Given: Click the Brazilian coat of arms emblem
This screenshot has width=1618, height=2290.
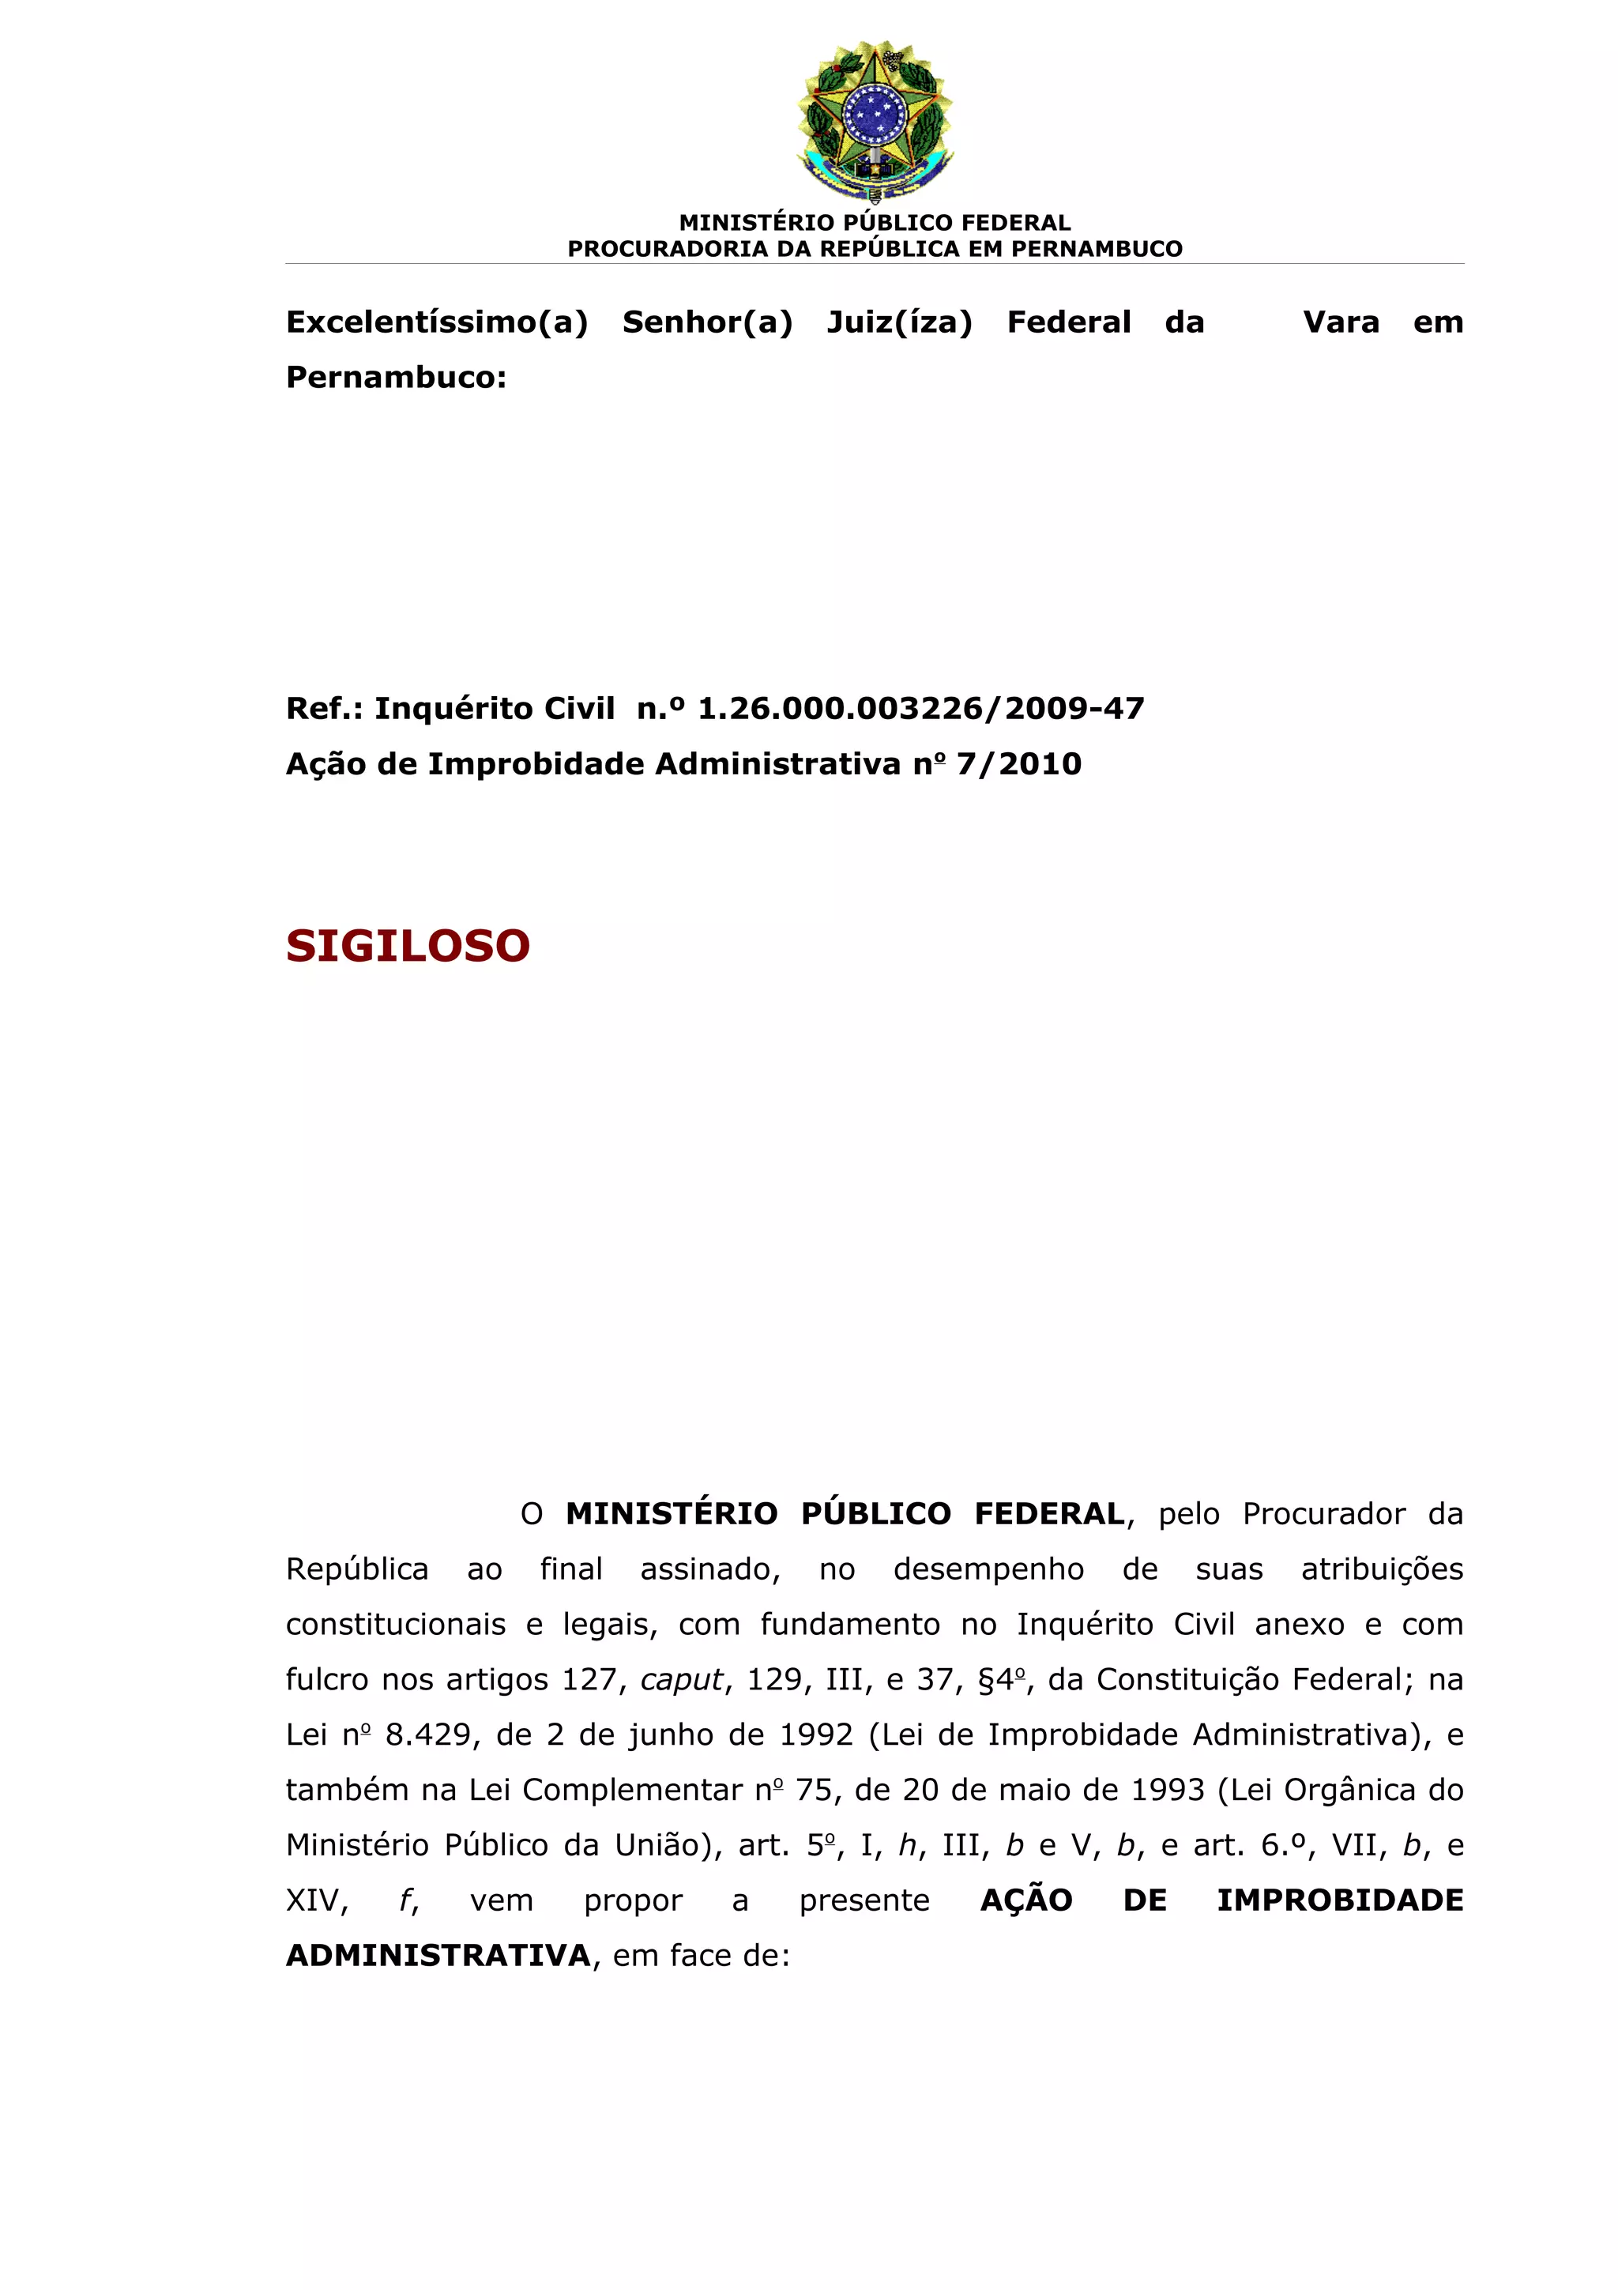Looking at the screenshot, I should coord(875,119).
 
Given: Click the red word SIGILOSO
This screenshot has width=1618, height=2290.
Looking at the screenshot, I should coord(408,946).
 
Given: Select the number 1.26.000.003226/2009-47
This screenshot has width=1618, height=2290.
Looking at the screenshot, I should coord(920,708).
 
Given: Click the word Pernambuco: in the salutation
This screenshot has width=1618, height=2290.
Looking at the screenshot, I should coord(396,377).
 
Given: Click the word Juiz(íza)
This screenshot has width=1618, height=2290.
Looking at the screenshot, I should coord(899,322).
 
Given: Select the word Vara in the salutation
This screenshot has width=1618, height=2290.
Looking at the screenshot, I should coord(1341,322).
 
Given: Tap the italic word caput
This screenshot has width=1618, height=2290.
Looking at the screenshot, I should coord(681,1680).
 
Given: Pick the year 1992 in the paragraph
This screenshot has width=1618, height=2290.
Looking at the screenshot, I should coord(815,1734).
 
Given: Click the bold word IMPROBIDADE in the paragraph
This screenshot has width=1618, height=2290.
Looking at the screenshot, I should coord(1340,1900).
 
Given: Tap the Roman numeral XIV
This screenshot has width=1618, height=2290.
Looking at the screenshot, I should coord(316,1900).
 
